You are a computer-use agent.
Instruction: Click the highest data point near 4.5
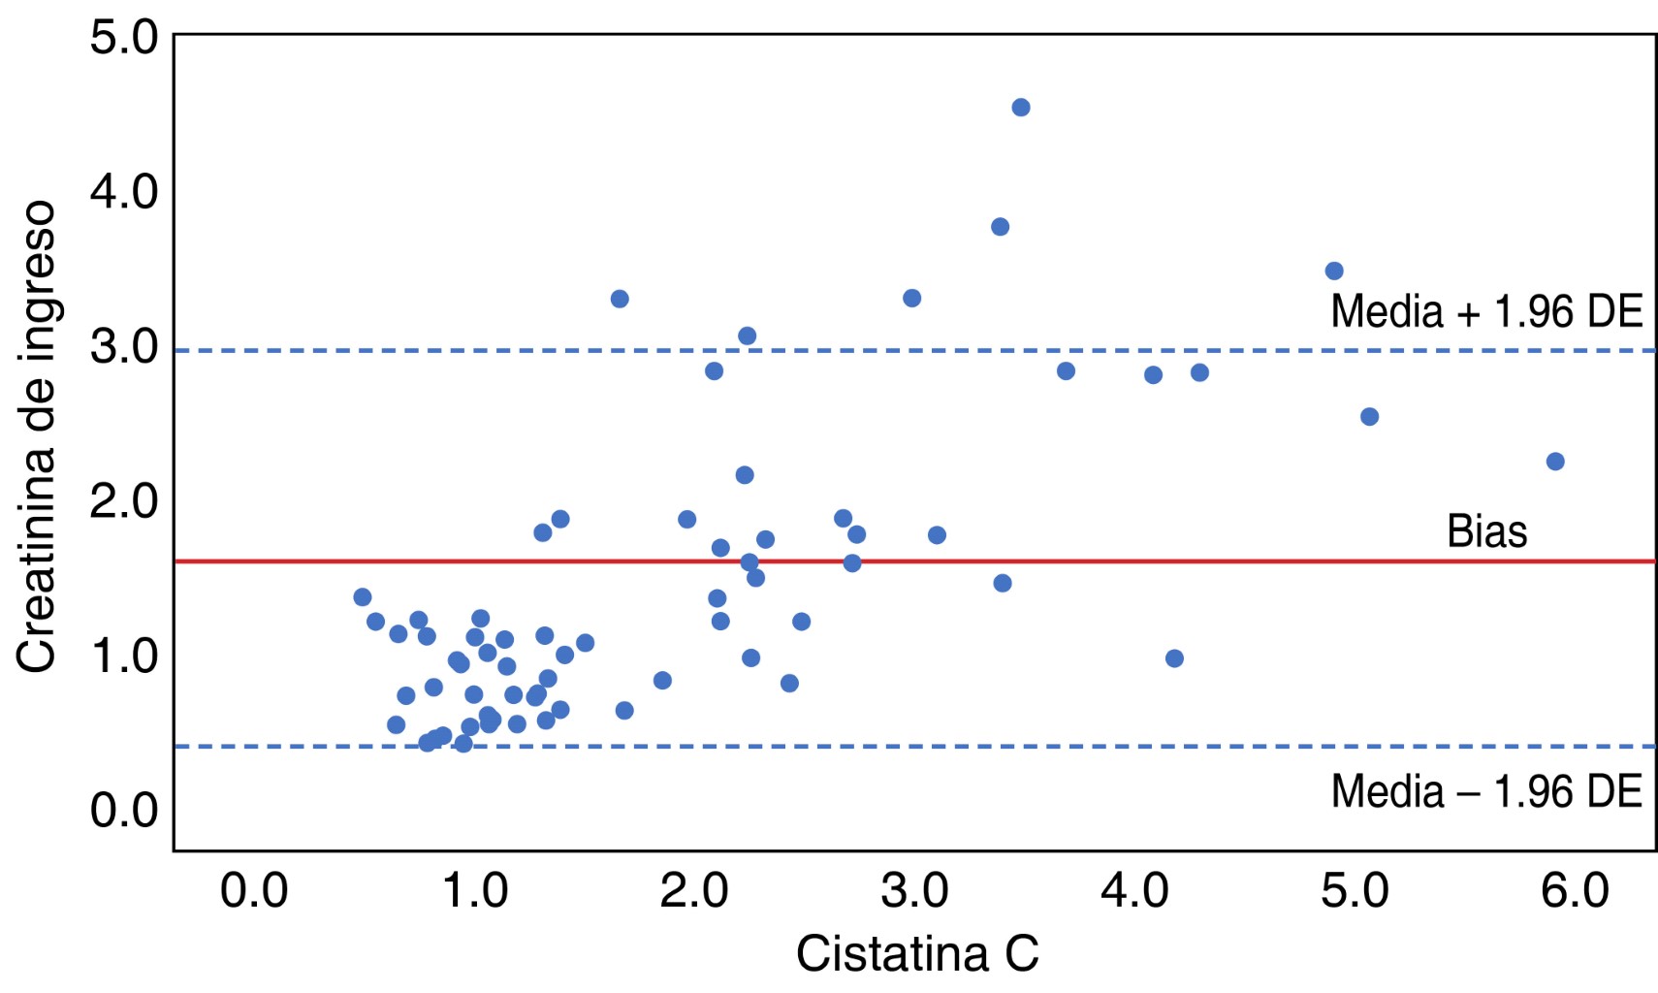pos(1020,108)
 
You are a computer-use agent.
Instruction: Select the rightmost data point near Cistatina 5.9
pos(1555,462)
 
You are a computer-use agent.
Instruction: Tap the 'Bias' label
pos(1486,531)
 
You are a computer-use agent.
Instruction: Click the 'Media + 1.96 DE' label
pos(1486,312)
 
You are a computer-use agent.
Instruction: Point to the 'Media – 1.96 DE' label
pos(1486,792)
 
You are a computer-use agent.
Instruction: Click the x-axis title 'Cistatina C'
pos(917,954)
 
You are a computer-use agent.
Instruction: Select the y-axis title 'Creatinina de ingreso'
pos(37,436)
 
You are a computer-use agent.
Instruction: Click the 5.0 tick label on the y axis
pos(124,38)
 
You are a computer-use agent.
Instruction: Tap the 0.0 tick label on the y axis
pos(124,811)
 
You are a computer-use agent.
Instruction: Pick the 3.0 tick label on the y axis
pos(124,347)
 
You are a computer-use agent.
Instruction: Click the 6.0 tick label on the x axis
pos(1575,890)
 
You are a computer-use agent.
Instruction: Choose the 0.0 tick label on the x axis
pos(254,890)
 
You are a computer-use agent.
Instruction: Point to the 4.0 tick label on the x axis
pos(1134,890)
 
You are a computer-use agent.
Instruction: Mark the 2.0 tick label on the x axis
pos(694,890)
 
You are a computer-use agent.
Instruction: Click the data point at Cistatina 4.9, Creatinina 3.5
pos(1334,272)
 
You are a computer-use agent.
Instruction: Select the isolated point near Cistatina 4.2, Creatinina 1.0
pos(1174,658)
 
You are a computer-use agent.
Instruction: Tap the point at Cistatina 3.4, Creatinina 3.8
pos(1000,227)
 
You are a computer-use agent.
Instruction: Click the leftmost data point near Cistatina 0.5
pos(363,597)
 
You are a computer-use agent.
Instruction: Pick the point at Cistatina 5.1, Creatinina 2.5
pos(1369,417)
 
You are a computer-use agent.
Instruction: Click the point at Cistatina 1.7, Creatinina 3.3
pos(620,299)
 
